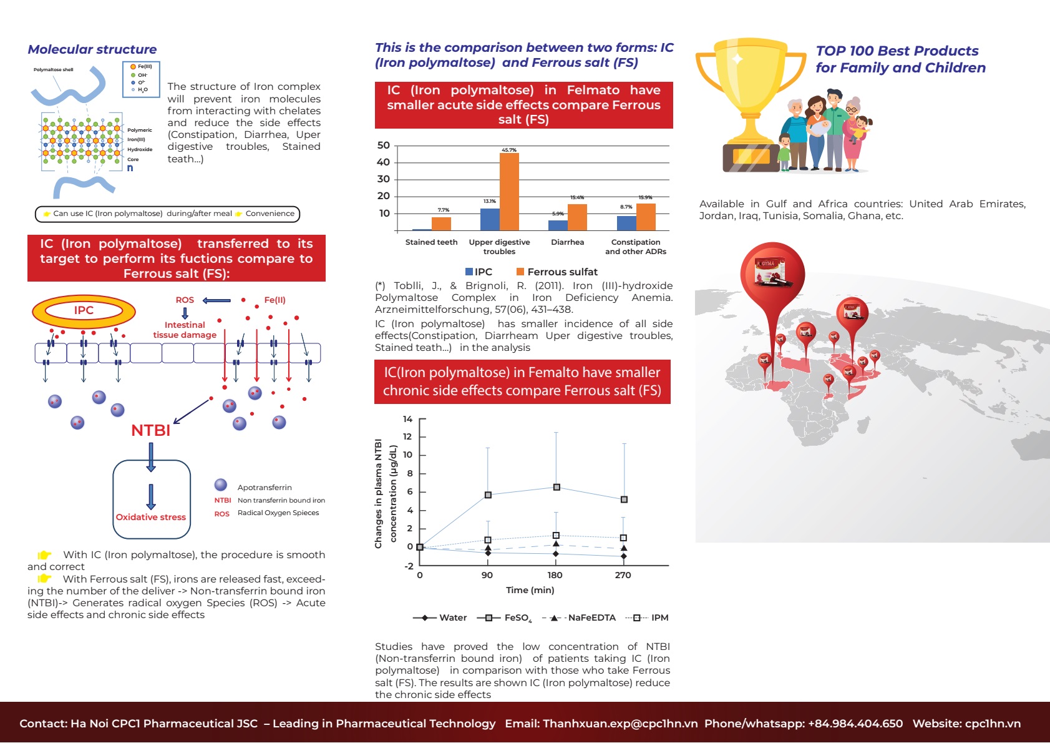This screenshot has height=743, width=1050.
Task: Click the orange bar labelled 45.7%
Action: coord(509,192)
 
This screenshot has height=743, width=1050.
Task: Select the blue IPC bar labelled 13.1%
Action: coord(490,220)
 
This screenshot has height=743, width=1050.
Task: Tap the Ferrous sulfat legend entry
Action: coord(557,272)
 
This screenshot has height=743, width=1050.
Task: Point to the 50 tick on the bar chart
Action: coord(384,145)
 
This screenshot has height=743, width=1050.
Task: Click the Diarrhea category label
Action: coord(567,242)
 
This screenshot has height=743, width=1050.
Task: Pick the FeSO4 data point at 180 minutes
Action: coord(557,488)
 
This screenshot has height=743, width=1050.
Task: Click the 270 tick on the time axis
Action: coord(623,575)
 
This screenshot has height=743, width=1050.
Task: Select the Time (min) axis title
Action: coord(530,590)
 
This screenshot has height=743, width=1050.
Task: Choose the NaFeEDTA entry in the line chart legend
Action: coord(580,618)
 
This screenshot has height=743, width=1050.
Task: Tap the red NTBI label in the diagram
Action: coord(150,430)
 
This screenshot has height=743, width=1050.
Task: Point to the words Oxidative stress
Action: coord(150,517)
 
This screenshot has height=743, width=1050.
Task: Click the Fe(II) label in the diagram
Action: coord(275,300)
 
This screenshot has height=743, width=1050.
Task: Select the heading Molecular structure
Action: coord(92,49)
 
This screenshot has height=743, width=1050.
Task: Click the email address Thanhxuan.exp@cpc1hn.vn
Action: coord(601,723)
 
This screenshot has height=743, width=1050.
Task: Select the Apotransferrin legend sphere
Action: coord(221,485)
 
